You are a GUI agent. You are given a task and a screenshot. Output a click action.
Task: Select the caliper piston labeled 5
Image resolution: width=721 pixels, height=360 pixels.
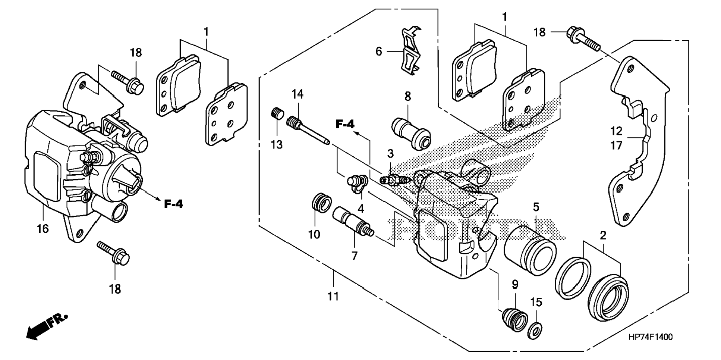point(530,250)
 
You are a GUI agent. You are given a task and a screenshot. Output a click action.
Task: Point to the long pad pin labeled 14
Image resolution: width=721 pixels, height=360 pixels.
point(308,131)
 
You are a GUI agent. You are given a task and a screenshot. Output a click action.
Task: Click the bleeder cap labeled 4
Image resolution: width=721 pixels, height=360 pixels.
point(356,184)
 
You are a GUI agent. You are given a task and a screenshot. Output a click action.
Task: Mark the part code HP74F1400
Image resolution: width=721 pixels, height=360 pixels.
point(650,337)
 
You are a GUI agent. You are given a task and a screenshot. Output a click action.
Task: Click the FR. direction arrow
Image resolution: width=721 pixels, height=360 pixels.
point(46,326)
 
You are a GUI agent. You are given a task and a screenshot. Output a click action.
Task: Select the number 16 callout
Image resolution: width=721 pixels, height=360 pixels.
point(42,228)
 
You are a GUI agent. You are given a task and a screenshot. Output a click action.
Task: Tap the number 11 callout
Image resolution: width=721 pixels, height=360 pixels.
point(333,296)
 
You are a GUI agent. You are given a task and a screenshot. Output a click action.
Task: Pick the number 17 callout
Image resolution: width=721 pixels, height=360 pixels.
point(616,145)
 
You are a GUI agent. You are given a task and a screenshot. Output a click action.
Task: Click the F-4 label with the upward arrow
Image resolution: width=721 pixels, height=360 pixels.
point(345,124)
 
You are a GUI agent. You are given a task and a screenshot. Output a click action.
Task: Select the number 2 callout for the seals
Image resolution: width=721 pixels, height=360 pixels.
point(603,235)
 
